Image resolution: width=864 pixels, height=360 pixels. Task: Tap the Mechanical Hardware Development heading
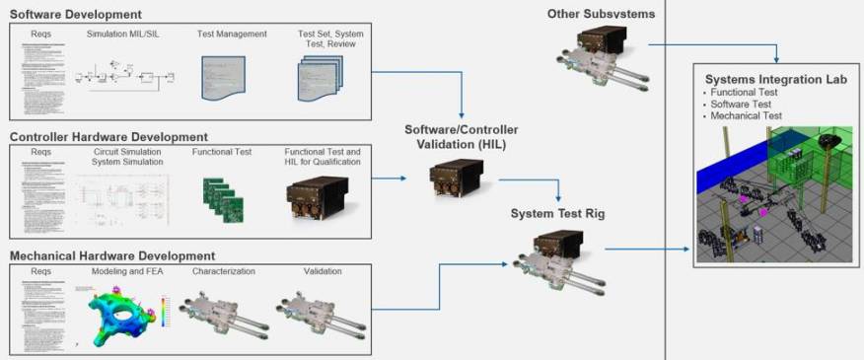coord(112,255)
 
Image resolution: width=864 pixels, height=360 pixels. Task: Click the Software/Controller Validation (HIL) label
coord(462,138)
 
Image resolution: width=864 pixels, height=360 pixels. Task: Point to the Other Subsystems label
coord(601,14)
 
